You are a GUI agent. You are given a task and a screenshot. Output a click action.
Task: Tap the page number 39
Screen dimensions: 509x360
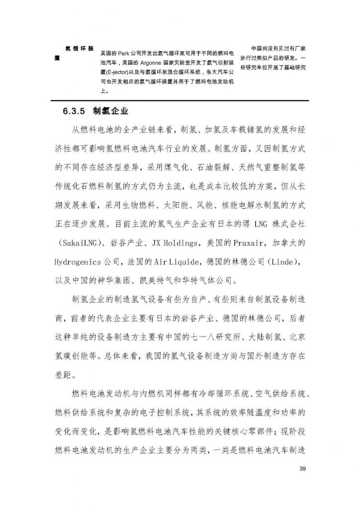point(299,469)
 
